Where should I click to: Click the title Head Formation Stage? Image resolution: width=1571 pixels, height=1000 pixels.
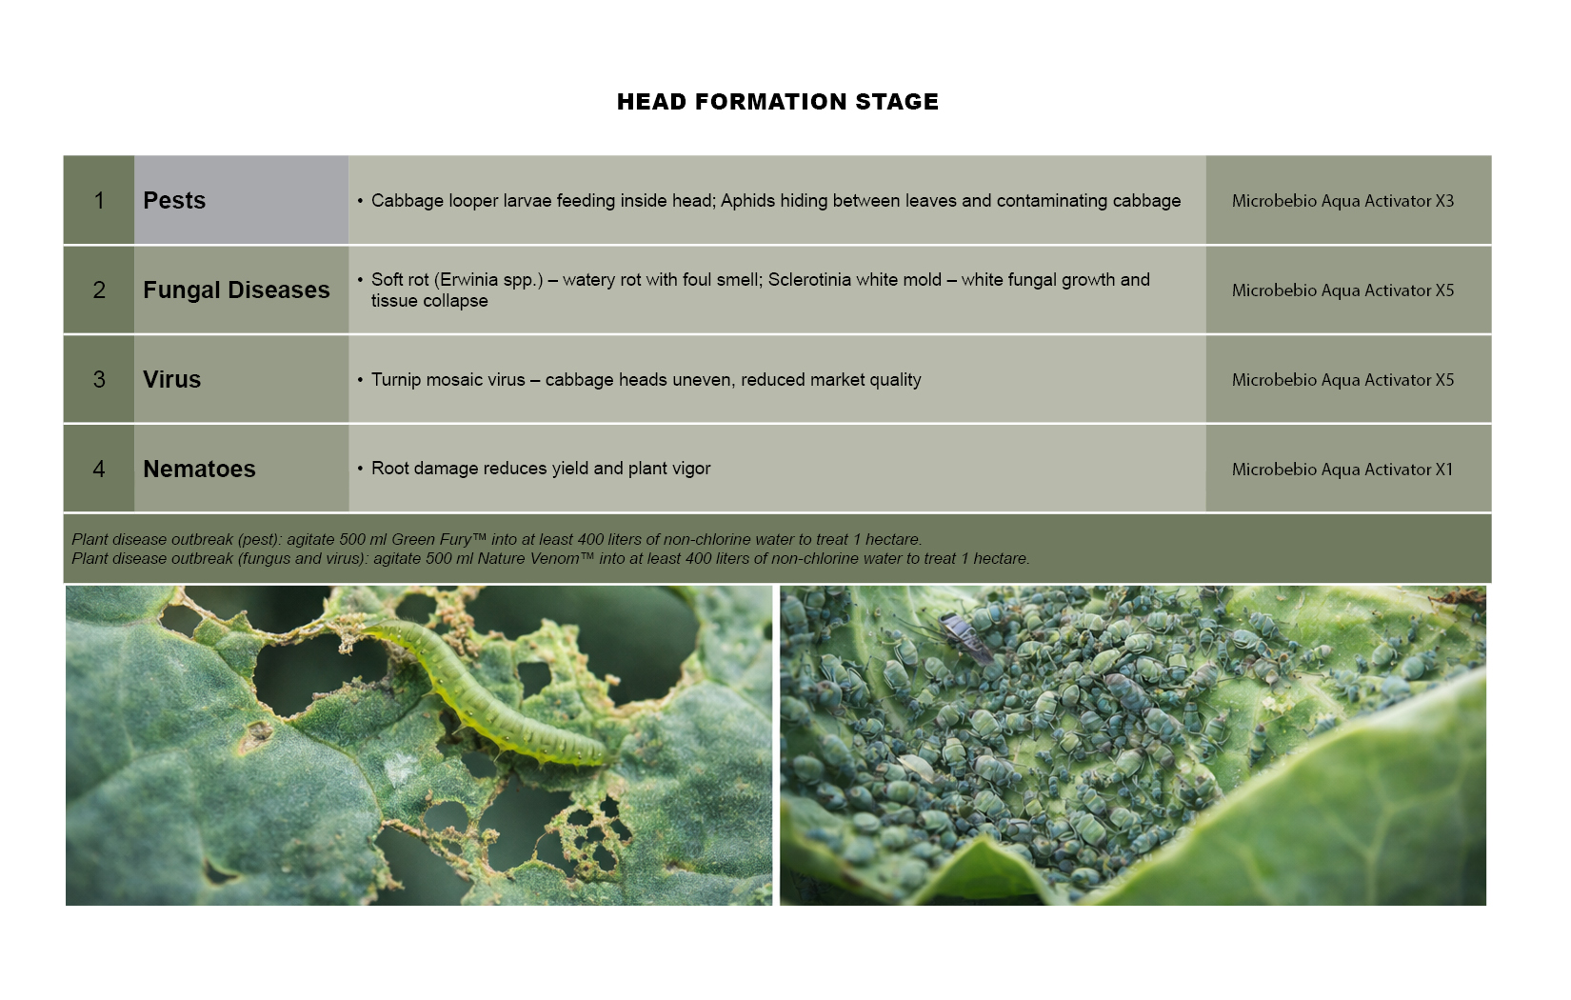point(778,102)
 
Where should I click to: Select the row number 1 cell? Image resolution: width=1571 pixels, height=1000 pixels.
point(99,200)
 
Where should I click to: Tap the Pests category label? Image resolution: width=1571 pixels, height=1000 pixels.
point(174,201)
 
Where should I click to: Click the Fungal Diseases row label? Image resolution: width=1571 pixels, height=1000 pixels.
point(236,290)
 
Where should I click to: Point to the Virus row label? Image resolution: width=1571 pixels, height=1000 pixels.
point(171,380)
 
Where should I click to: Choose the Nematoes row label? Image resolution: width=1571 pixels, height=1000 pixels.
point(199,469)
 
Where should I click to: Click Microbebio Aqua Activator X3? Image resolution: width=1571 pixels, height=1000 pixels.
point(1342,201)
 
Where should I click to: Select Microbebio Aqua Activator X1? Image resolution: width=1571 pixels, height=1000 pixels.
point(1342,469)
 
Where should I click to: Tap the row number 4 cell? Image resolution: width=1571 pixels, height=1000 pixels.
point(99,468)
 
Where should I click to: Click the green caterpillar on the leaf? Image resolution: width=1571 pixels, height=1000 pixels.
point(484,691)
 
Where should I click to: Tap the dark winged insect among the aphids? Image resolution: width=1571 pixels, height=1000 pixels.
point(965,637)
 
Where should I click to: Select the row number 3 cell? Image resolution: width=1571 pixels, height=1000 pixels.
point(99,379)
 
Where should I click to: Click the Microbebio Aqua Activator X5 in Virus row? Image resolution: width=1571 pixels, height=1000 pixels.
point(1342,380)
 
